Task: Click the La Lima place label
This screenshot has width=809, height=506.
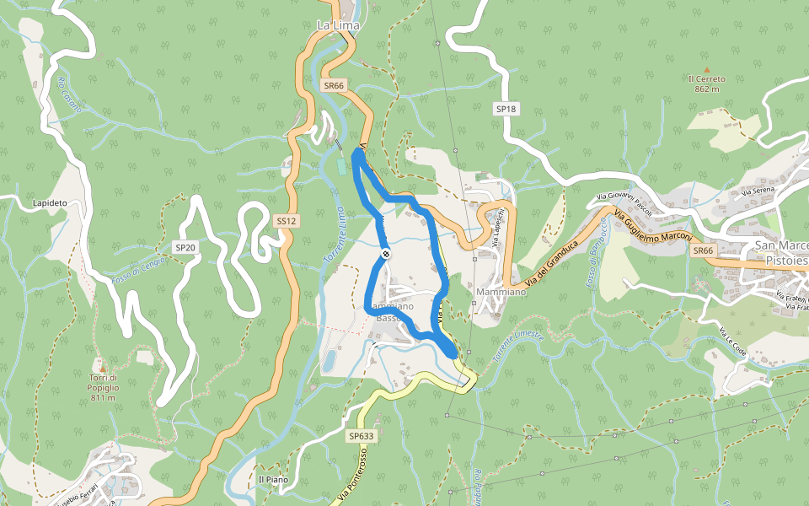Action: [x=338, y=26]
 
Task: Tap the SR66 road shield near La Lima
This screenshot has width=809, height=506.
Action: [x=335, y=85]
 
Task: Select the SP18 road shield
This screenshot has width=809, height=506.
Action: [x=506, y=109]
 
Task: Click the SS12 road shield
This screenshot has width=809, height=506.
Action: [x=287, y=221]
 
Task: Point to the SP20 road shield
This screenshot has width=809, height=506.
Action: [x=185, y=247]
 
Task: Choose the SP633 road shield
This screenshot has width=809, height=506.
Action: [x=360, y=436]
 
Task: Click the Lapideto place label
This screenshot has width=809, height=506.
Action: [x=50, y=203]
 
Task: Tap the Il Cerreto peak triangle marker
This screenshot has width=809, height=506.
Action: [x=707, y=69]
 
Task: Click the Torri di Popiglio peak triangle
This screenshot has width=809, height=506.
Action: [x=102, y=369]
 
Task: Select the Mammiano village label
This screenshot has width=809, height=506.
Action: [x=501, y=292]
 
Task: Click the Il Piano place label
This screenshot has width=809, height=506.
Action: [x=273, y=480]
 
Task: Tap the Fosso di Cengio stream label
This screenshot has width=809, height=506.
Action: [x=140, y=279]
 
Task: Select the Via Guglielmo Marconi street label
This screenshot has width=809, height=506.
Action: [x=653, y=226]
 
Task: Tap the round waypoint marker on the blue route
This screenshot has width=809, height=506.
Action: [x=386, y=254]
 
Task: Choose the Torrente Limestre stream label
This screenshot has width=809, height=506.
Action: [x=518, y=343]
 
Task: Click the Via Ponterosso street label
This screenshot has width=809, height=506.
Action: [x=349, y=481]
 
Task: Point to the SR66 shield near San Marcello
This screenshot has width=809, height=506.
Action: [x=703, y=250]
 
